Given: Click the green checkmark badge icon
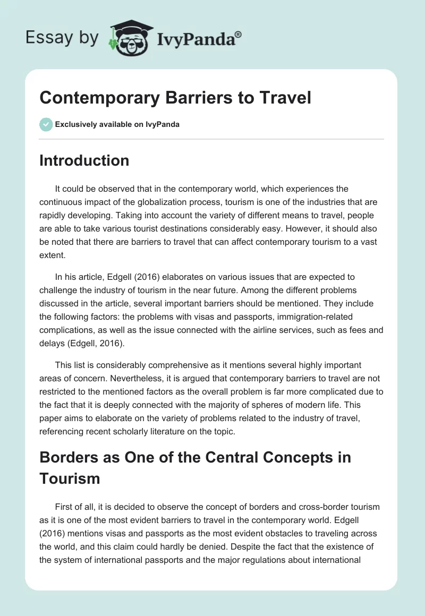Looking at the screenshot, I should coord(46,125).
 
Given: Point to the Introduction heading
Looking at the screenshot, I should coord(84,160).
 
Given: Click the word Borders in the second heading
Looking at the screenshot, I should coord(70,457).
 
